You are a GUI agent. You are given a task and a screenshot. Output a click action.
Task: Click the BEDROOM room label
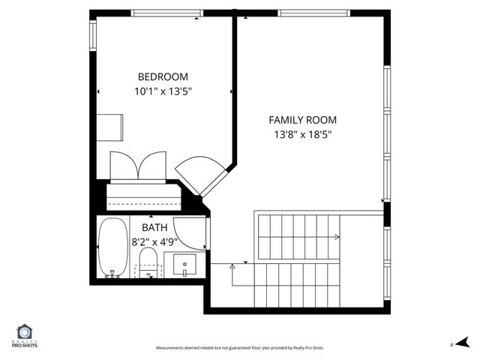click(163, 76)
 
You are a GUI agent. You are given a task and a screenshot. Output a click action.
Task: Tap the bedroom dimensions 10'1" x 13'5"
click(163, 92)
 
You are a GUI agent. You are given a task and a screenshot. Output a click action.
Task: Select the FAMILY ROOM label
click(303, 119)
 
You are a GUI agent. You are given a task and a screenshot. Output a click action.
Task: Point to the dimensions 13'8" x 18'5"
click(303, 135)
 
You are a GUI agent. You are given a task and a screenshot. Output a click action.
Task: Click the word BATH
click(154, 226)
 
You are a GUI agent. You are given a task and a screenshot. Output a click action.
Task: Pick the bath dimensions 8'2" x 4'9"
click(154, 241)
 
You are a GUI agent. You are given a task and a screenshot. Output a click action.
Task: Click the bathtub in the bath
click(114, 248)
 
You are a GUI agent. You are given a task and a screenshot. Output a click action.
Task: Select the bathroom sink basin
click(184, 265)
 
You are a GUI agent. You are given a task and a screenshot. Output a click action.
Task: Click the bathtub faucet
click(113, 274)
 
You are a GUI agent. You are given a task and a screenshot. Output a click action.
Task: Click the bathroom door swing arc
click(187, 232)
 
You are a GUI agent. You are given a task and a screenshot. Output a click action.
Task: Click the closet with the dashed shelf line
click(144, 198)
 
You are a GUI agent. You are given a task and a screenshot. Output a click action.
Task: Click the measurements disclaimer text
click(240, 348)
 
